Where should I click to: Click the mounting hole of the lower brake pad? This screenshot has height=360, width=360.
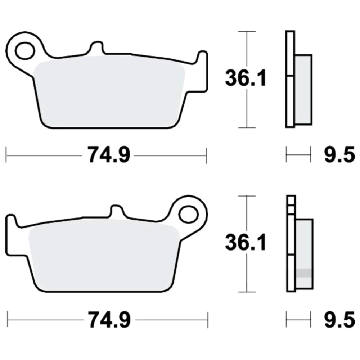pyautogui.click(x=189, y=215)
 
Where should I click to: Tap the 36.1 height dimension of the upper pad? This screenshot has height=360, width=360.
pyautogui.click(x=246, y=78)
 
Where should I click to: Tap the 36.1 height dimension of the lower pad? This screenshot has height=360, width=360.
pyautogui.click(x=246, y=242)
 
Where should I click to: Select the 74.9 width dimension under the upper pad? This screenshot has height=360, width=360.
pyautogui.click(x=109, y=155)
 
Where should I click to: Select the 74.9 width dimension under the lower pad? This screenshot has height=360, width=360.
pyautogui.click(x=109, y=320)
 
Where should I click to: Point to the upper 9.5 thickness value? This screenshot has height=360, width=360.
pyautogui.click(x=339, y=155)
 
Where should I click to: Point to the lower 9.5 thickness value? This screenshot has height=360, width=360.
pyautogui.click(x=339, y=320)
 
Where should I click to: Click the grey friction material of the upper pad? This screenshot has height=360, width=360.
pyautogui.click(x=109, y=92)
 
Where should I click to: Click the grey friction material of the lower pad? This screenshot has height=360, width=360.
pyautogui.click(x=104, y=255)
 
